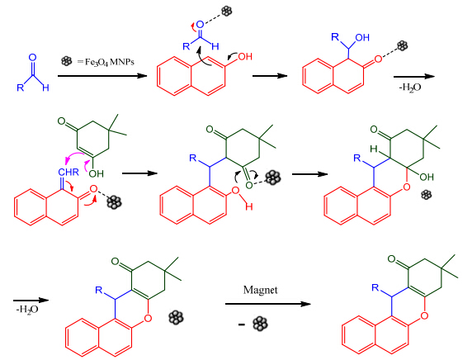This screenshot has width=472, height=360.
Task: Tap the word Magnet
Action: tap(261, 290)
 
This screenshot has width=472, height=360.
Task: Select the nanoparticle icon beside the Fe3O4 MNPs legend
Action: tap(67, 61)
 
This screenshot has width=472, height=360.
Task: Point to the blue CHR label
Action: tap(68, 172)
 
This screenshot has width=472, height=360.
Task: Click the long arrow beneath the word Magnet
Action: tap(268, 304)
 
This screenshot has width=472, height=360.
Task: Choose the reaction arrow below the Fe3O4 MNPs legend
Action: tap(102, 76)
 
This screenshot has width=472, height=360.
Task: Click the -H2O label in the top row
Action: tap(410, 88)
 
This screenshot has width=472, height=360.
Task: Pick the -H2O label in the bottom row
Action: tap(27, 310)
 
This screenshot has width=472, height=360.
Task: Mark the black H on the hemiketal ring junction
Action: tap(374, 149)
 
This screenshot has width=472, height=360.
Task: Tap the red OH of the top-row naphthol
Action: tap(245, 56)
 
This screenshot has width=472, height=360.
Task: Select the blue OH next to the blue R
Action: tap(362, 37)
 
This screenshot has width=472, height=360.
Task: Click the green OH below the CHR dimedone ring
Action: tap(96, 173)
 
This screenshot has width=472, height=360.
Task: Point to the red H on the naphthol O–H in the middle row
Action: tap(248, 206)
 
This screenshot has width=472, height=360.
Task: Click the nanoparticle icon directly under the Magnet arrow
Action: tap(260, 324)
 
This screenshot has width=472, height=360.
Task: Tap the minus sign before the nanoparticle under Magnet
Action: tap(242, 324)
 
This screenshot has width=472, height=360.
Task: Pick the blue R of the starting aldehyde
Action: tap(20, 88)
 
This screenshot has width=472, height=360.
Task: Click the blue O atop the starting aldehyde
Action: tap(32, 57)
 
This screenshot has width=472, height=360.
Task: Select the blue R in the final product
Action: tap(375, 287)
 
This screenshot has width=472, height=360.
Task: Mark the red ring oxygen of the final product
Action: tap(424, 315)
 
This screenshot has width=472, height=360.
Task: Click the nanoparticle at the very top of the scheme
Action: tap(227, 11)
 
